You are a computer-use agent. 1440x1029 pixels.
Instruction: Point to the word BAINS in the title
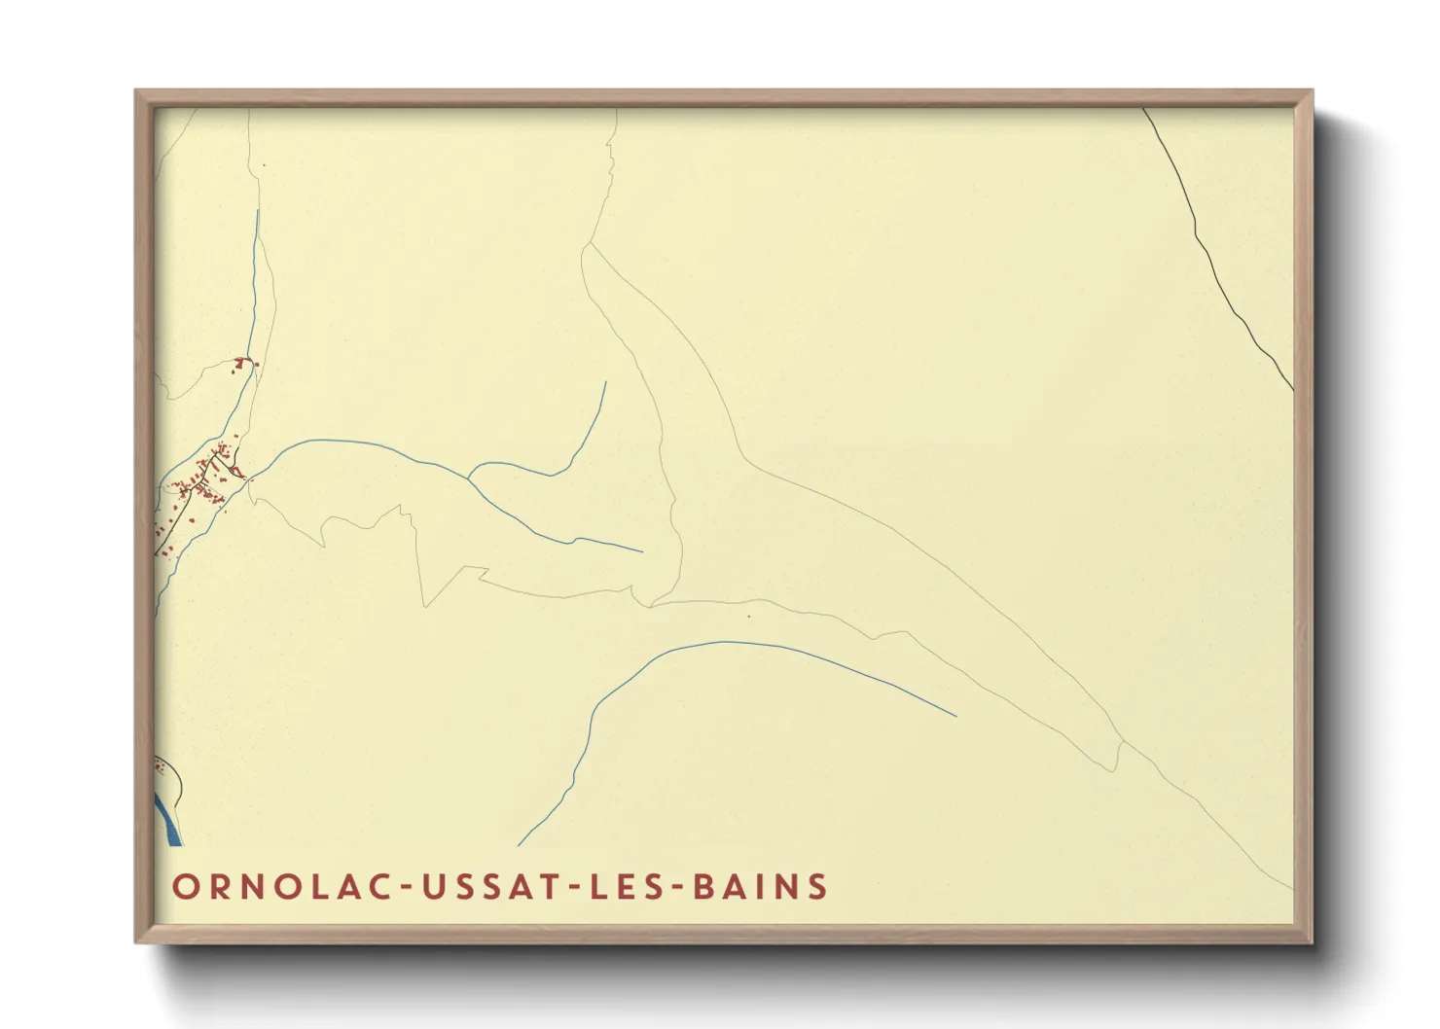coord(761,887)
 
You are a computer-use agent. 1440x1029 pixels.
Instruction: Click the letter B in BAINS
coord(703,887)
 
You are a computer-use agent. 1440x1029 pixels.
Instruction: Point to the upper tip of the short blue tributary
coord(605,382)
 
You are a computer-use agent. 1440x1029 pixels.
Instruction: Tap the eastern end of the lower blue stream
coord(955,716)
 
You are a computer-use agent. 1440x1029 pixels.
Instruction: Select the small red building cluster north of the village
coord(241,364)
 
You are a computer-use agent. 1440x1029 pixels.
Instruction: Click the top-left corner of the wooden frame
coord(136,91)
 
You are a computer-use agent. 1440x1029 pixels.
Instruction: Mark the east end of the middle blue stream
coord(641,551)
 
